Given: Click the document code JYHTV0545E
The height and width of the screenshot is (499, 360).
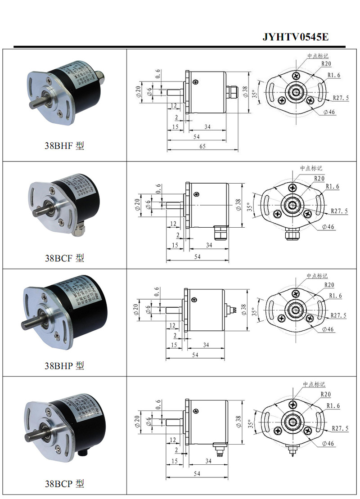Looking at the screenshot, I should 295,37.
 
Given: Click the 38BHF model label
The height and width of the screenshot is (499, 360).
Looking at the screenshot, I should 64,146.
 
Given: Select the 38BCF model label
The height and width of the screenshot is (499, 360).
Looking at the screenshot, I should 64,258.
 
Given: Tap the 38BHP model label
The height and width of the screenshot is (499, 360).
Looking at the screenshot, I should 64,365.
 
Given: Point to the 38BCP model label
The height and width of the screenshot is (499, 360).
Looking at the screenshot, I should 64,484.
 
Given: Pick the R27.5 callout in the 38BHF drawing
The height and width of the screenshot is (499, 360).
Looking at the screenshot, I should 341,98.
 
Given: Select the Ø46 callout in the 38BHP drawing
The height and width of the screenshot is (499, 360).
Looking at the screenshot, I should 328,329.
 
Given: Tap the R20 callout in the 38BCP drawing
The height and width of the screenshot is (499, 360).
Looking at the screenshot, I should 326,394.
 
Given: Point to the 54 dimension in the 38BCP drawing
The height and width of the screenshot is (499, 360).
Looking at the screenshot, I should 197,474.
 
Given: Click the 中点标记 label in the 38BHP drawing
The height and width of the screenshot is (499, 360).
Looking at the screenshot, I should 317,276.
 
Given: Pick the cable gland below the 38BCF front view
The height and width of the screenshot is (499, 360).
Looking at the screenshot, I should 292,234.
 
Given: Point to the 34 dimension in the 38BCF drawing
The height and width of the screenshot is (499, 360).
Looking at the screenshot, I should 208,245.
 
